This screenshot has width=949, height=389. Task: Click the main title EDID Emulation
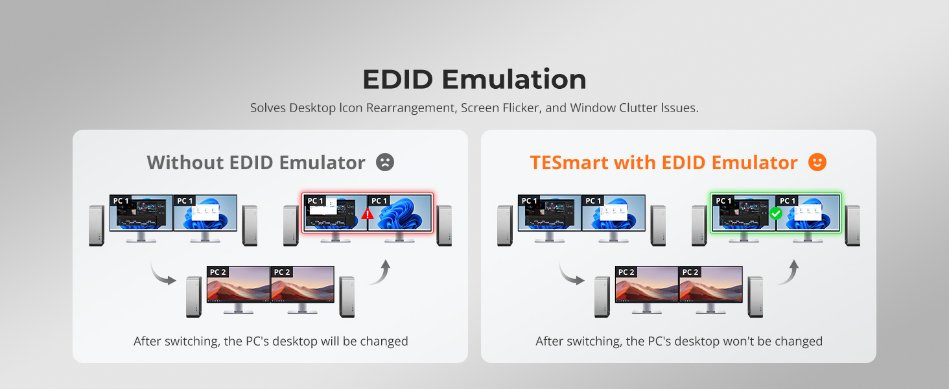[x=474, y=79]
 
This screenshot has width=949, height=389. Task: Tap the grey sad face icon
[x=385, y=162]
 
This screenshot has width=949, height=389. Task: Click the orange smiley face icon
[x=817, y=162]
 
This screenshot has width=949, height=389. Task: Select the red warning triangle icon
[x=368, y=214]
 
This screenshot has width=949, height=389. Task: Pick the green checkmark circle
[x=776, y=213]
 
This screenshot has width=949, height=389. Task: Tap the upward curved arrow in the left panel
[x=380, y=272]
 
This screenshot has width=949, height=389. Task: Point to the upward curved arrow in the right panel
[x=788, y=272]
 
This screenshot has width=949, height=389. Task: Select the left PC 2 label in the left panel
[x=218, y=272]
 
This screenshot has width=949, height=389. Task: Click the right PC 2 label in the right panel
[x=690, y=272]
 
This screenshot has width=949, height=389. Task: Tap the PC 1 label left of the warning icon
[x=315, y=200]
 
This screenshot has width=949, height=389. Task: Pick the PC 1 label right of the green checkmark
[x=788, y=200]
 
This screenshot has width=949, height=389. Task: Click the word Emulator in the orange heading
[x=755, y=163]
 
